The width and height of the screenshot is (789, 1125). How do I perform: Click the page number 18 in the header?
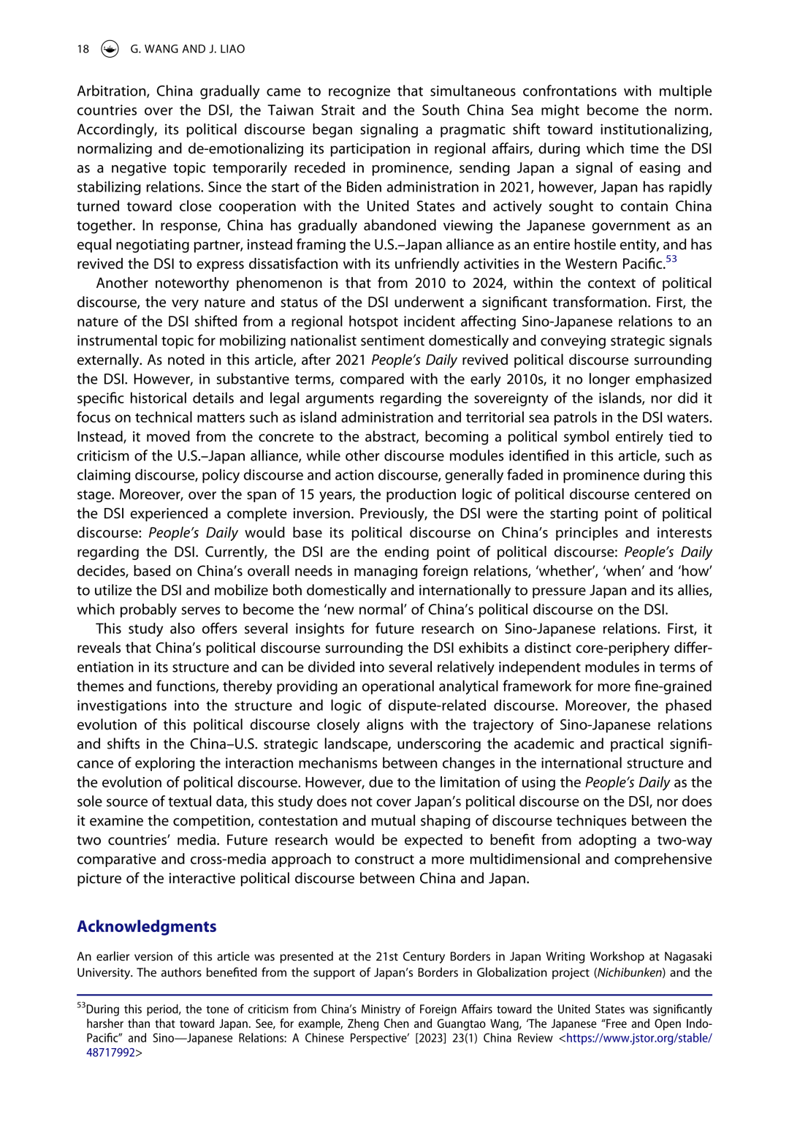(83, 49)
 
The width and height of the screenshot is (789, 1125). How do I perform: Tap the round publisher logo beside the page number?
(110, 49)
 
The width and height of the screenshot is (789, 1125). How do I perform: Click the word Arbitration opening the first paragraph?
(112, 91)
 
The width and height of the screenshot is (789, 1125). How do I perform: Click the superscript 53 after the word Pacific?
(671, 260)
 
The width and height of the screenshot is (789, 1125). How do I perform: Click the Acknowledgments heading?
(147, 926)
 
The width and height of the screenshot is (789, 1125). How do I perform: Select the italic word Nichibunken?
(630, 972)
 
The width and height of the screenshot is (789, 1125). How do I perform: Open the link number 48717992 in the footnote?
(111, 1053)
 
